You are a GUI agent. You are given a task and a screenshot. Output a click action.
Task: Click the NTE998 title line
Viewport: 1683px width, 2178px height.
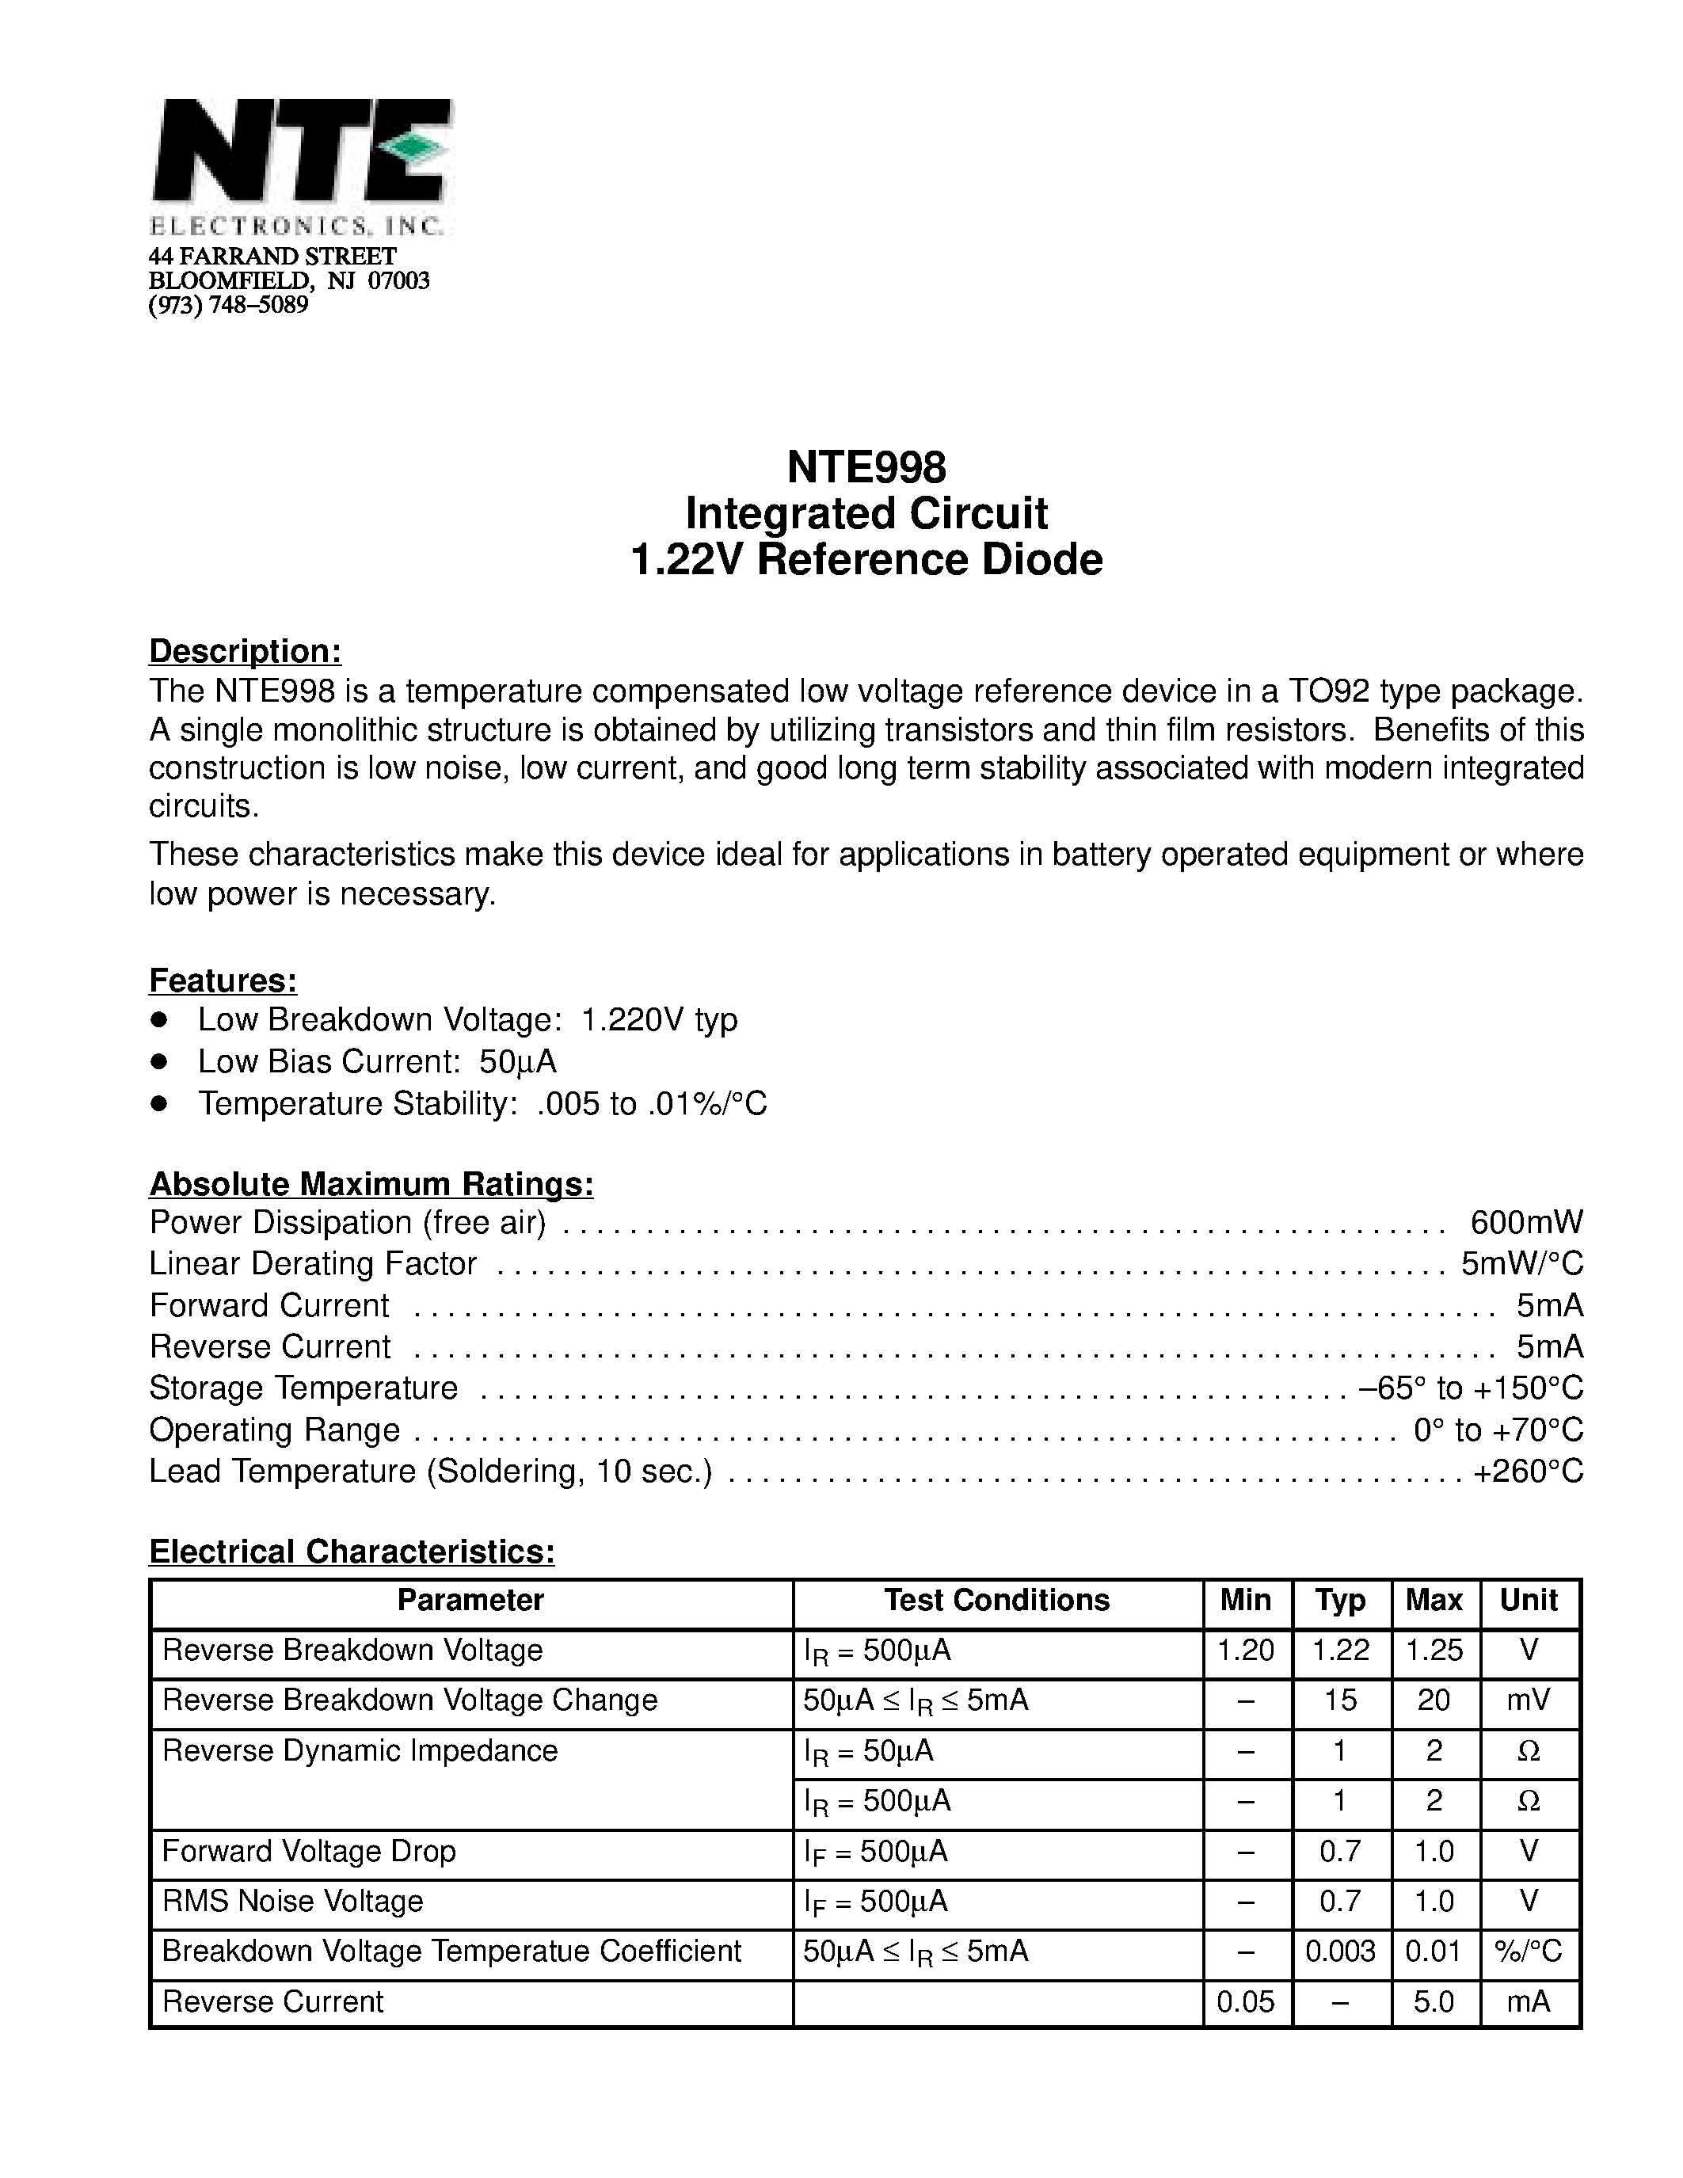(866, 466)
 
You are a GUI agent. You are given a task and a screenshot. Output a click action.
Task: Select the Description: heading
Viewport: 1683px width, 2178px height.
(246, 651)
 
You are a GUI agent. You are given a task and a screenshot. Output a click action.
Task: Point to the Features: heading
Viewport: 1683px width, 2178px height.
(223, 981)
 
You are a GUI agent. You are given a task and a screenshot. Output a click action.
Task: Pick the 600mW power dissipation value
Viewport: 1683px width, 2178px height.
(1526, 1223)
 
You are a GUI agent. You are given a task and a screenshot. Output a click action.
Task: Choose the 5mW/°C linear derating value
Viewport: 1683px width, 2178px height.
(1521, 1263)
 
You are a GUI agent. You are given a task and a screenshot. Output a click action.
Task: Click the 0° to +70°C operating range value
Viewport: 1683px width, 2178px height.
(1498, 1430)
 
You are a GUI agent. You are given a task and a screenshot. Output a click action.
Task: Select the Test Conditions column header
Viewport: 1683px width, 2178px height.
(996, 1601)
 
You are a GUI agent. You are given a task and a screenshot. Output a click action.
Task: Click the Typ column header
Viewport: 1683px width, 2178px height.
(1340, 1601)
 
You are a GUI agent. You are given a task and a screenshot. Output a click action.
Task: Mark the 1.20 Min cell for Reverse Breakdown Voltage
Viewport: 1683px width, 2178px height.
(1245, 1651)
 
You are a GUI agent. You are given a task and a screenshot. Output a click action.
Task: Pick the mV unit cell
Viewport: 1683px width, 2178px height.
(1529, 1700)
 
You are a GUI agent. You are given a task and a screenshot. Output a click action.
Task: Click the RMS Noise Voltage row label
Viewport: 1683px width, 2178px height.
(292, 1901)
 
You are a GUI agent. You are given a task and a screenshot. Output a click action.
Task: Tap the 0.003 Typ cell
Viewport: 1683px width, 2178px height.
(1340, 1951)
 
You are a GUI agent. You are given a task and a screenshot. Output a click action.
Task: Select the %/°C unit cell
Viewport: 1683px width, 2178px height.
(1529, 1951)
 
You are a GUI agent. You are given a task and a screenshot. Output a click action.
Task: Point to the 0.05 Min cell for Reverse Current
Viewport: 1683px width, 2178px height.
(1245, 2001)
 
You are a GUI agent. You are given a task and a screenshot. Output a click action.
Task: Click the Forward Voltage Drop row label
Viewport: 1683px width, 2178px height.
(309, 1851)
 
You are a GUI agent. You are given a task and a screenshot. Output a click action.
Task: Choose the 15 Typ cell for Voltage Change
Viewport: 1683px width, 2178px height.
(1340, 1700)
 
